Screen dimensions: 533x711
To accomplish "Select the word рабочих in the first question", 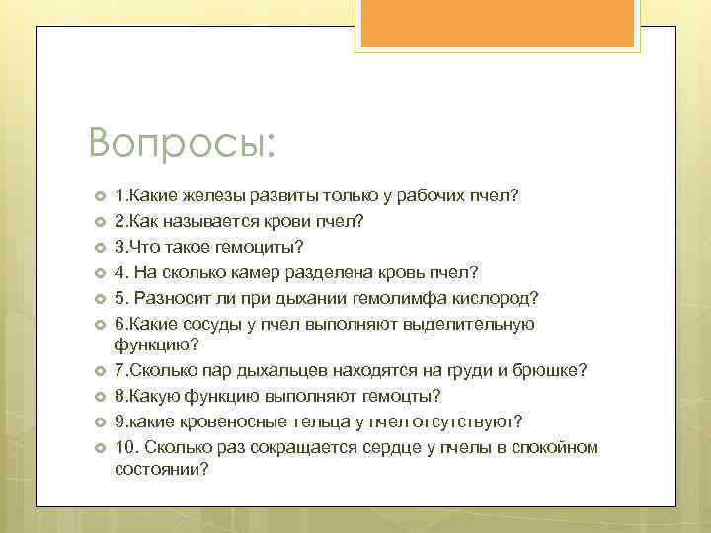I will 434,195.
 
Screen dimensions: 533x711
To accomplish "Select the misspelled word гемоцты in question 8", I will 404,395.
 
